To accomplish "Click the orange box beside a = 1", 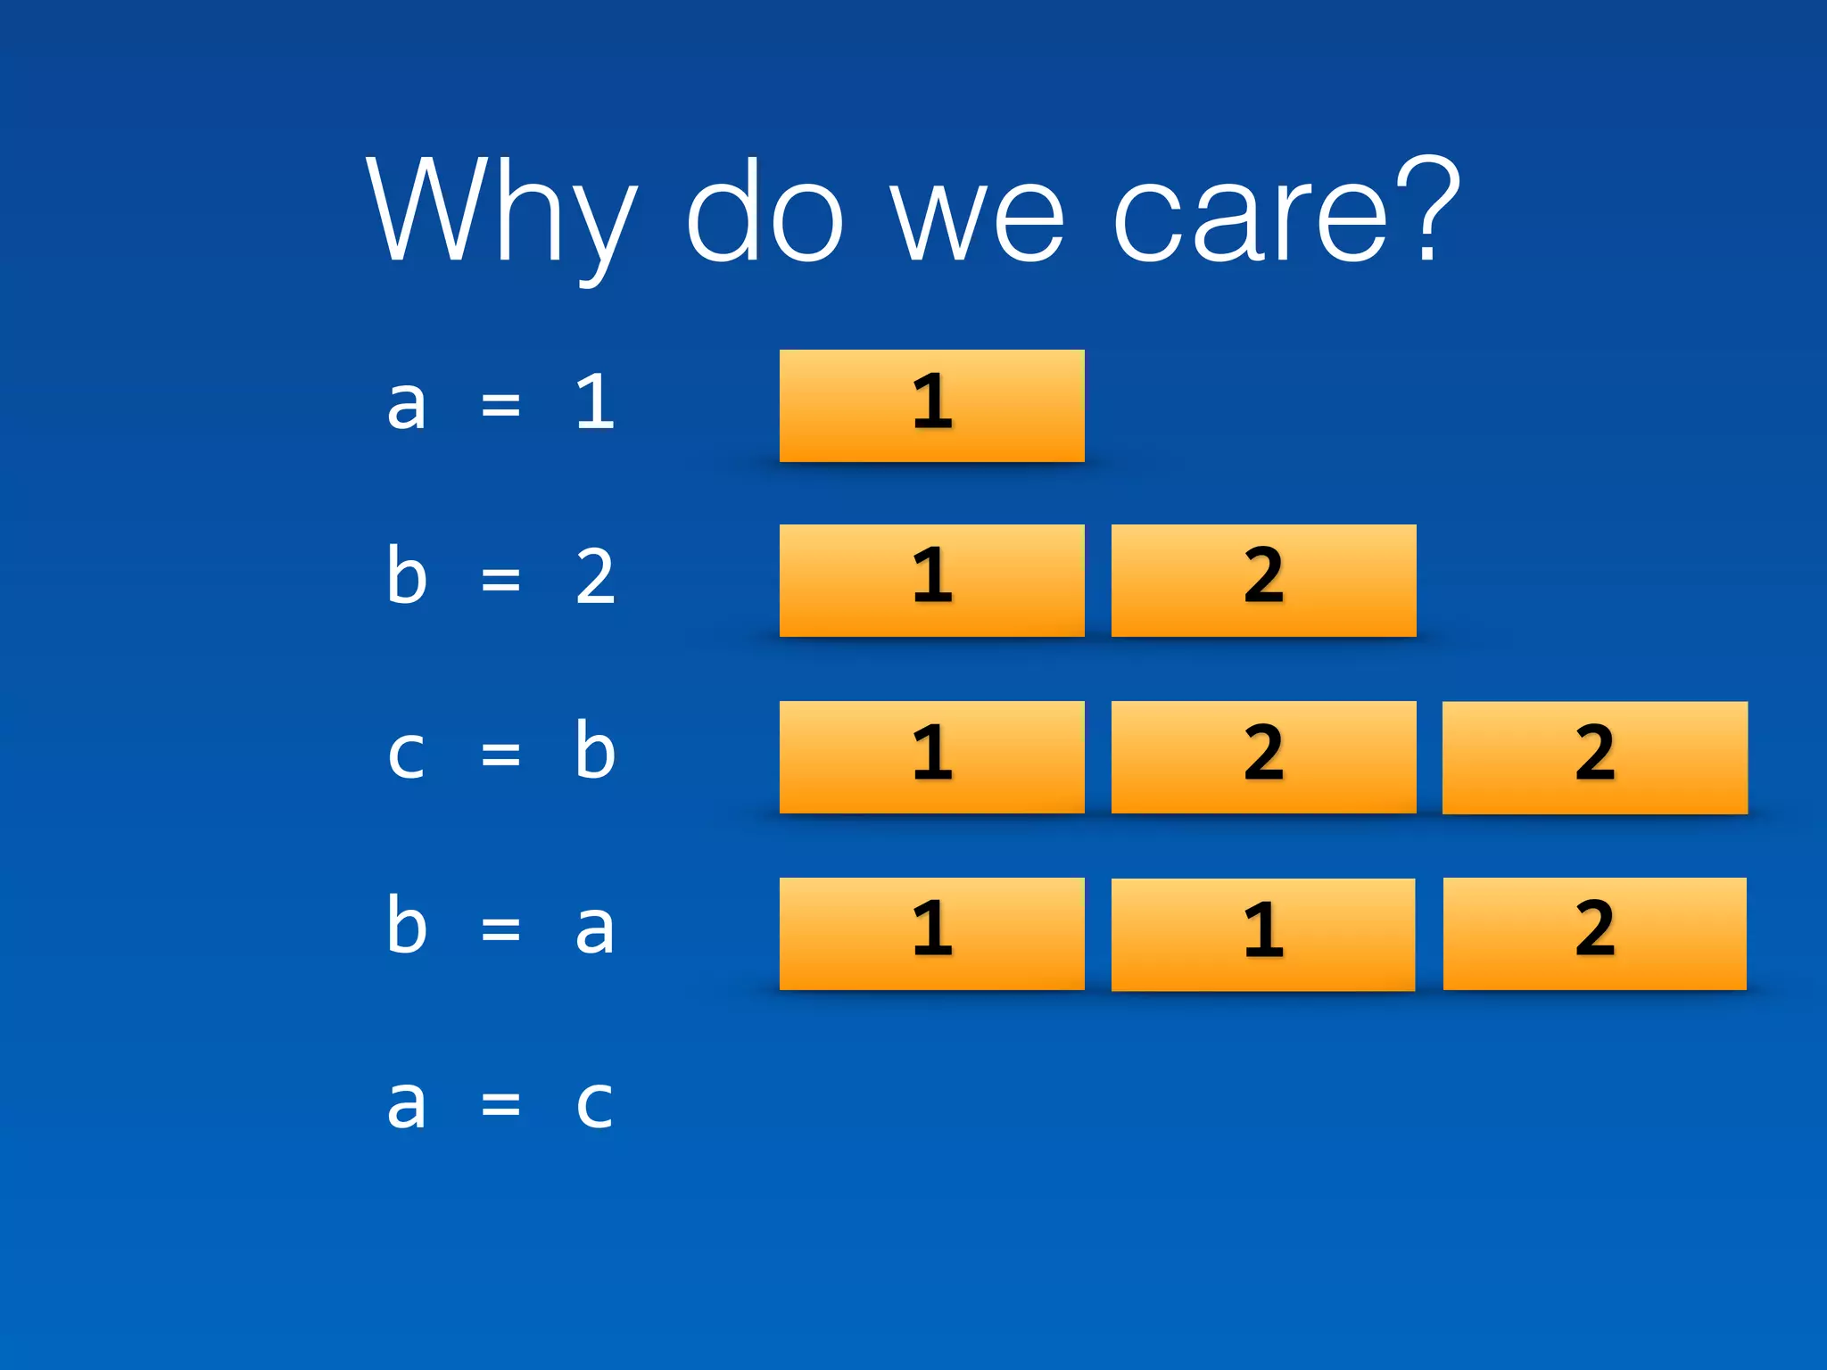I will point(931,406).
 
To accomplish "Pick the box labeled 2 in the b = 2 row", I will point(1263,581).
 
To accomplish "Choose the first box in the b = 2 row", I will point(931,581).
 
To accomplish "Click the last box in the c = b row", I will point(1594,757).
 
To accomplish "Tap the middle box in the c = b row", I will point(1263,757).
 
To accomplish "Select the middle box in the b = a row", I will point(1262,934).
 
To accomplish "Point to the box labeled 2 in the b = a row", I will point(1594,934).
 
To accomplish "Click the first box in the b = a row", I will point(931,934).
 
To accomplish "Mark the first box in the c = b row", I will point(931,757).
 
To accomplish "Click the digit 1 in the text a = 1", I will point(595,402).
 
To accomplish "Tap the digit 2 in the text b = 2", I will point(595,577).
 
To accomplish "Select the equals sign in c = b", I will point(500,754).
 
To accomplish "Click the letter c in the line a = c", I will point(594,1105).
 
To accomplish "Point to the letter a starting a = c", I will point(407,1103).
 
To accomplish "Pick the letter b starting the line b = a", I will point(407,925).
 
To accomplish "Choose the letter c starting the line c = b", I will point(407,755).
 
